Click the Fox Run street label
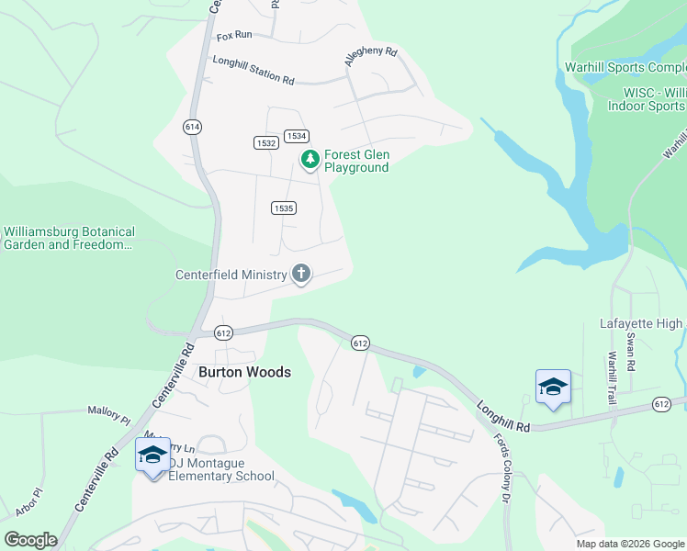click(x=234, y=36)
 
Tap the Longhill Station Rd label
click(x=253, y=71)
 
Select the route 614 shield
click(x=192, y=126)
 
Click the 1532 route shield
click(x=266, y=142)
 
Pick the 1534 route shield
click(x=295, y=136)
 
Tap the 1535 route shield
click(x=283, y=208)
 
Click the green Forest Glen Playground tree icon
click(x=310, y=161)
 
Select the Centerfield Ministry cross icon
click(x=300, y=274)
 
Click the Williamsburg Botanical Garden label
click(x=70, y=239)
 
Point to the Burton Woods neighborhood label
click(x=244, y=372)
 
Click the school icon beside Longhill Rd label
click(x=553, y=388)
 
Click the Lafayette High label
click(x=642, y=323)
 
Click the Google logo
click(x=30, y=540)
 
